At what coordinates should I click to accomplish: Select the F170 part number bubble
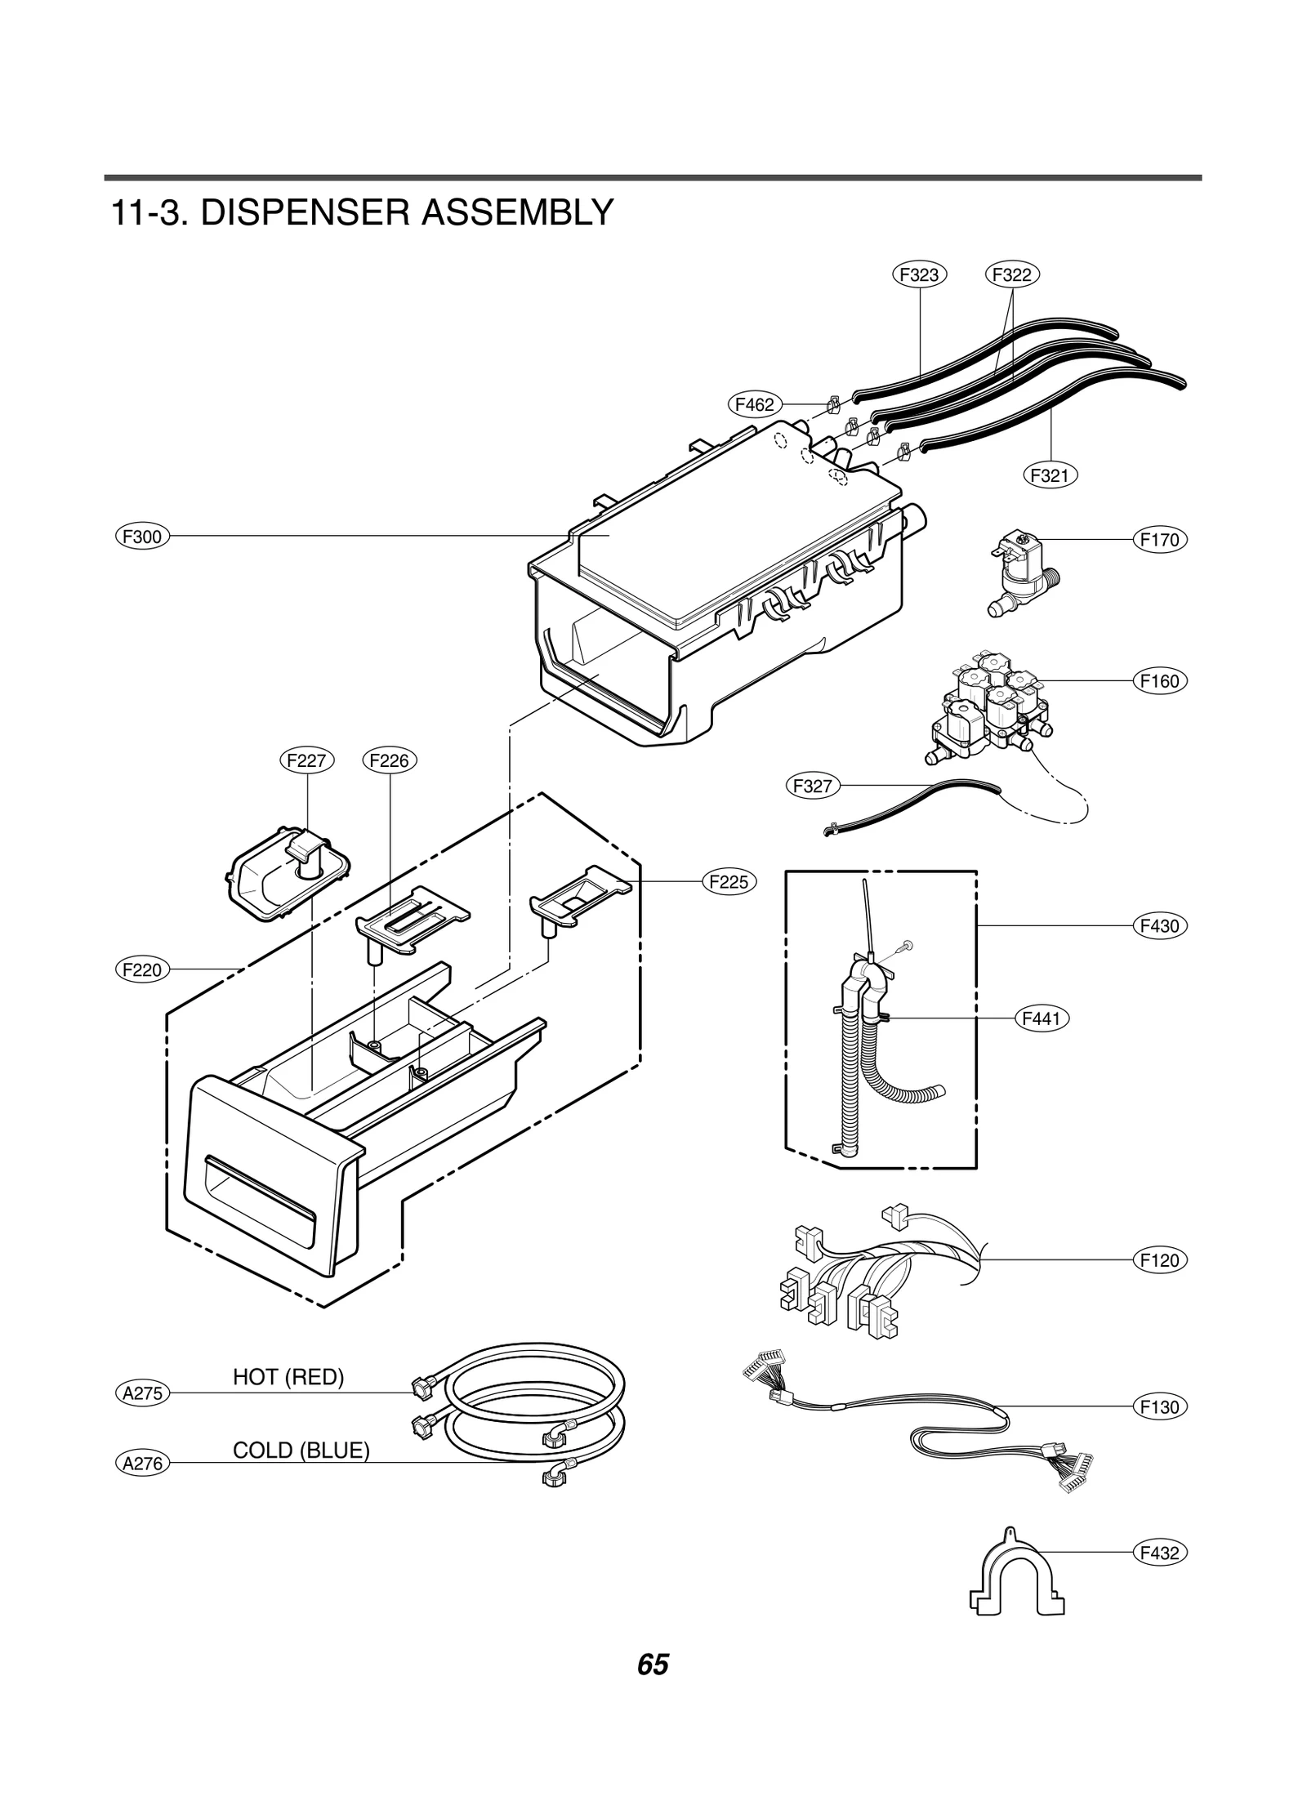tap(1160, 540)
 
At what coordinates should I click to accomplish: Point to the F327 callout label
tap(813, 787)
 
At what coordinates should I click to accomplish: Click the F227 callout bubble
tap(307, 760)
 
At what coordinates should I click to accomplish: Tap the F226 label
tap(389, 760)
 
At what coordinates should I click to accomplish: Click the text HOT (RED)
tap(288, 1378)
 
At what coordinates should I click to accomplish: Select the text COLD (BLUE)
tap(301, 1451)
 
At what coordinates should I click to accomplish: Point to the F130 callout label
tap(1160, 1406)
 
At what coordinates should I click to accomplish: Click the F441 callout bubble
tap(1042, 1018)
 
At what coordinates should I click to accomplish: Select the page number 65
tap(653, 1665)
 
